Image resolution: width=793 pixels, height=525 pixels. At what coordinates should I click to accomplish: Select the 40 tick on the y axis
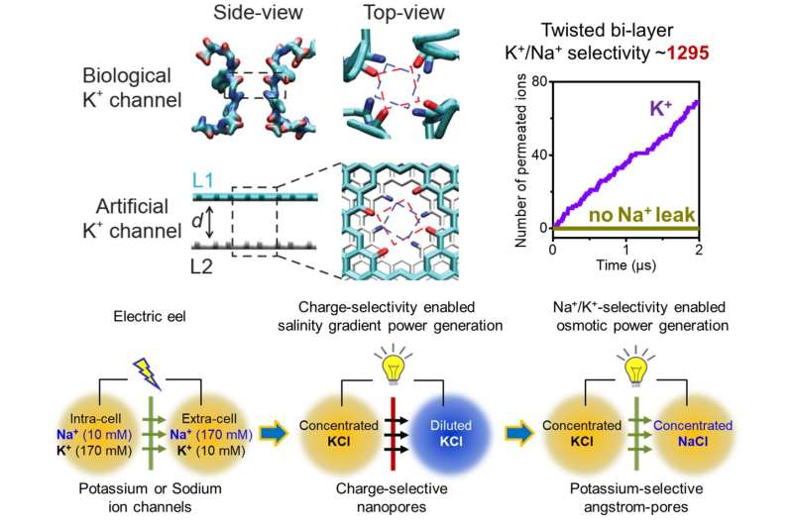[x=541, y=155]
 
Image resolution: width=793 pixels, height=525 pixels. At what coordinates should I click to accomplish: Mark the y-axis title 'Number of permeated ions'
[x=520, y=156]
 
